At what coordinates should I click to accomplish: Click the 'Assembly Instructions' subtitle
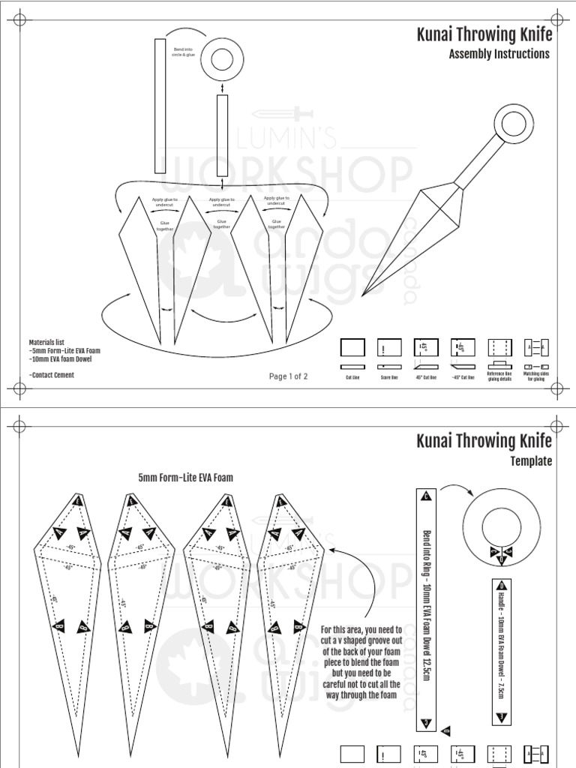pos(499,54)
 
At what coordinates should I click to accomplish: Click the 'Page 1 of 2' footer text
pos(288,376)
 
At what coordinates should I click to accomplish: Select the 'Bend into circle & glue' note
pos(183,52)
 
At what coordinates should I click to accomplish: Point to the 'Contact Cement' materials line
pos(52,375)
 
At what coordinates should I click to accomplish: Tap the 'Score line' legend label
pos(389,377)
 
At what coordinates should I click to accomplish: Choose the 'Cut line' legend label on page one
pos(352,377)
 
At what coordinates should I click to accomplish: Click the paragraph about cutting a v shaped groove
pos(360,663)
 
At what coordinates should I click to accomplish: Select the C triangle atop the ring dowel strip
pos(426,496)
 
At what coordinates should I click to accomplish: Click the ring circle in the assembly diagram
pos(223,58)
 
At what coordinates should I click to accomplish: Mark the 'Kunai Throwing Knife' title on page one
pos(483,34)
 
